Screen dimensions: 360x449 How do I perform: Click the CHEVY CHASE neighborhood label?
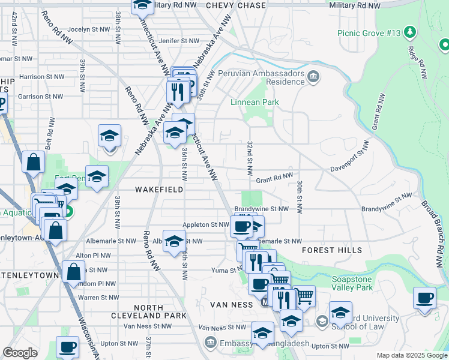click(235, 5)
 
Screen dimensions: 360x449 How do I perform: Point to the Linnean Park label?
click(255, 102)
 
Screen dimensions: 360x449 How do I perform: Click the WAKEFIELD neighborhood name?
click(159, 189)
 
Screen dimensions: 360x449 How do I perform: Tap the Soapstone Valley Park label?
click(360, 283)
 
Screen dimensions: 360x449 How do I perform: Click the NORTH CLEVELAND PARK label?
click(144, 311)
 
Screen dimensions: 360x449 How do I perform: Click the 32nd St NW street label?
click(249, 154)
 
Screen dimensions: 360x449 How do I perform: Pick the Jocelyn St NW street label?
click(89, 28)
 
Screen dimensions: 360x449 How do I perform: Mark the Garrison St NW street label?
click(40, 96)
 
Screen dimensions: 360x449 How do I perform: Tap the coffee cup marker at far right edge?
click(425, 298)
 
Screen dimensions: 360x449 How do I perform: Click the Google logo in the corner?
click(20, 353)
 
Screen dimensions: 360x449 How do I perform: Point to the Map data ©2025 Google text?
click(411, 355)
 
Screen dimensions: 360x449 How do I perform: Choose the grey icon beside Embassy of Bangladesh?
click(210, 343)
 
